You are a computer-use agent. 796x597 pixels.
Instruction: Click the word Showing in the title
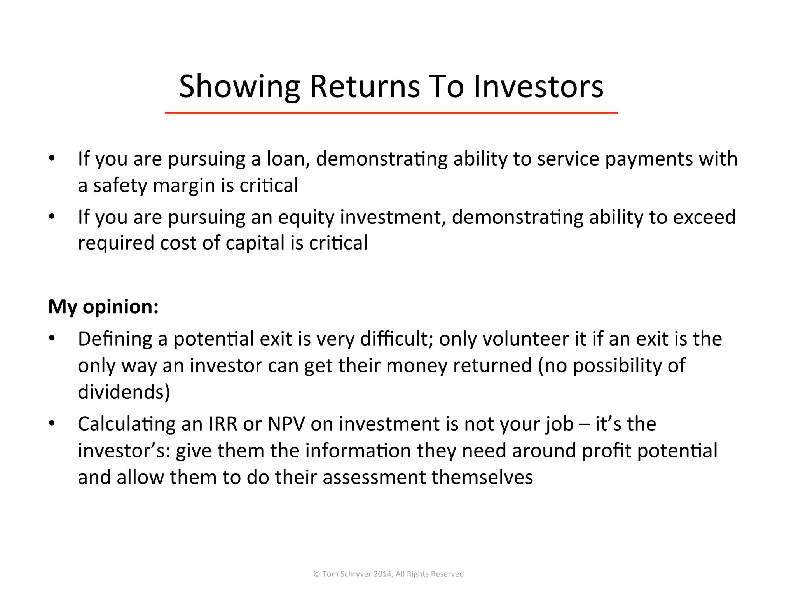[239, 87]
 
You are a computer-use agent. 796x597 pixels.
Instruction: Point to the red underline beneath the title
[391, 113]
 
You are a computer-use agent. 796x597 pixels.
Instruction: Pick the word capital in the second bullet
[255, 243]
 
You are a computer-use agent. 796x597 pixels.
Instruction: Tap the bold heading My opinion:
[103, 307]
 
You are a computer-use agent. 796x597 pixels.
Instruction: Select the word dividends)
[124, 392]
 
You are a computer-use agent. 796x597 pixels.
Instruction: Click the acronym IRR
[223, 424]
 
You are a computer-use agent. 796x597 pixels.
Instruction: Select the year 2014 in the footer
[382, 574]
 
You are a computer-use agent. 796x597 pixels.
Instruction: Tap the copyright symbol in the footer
[317, 574]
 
